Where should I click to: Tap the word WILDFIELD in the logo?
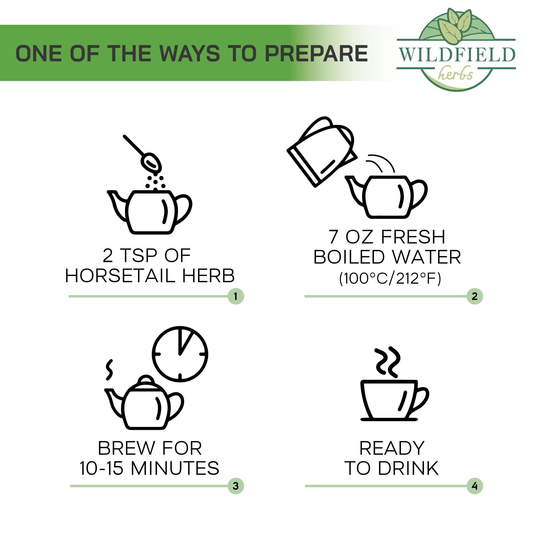click(457, 55)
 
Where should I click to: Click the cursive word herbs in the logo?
click(456, 73)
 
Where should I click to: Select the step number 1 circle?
click(236, 296)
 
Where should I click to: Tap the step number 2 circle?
click(475, 296)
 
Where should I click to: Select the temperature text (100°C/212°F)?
click(390, 278)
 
